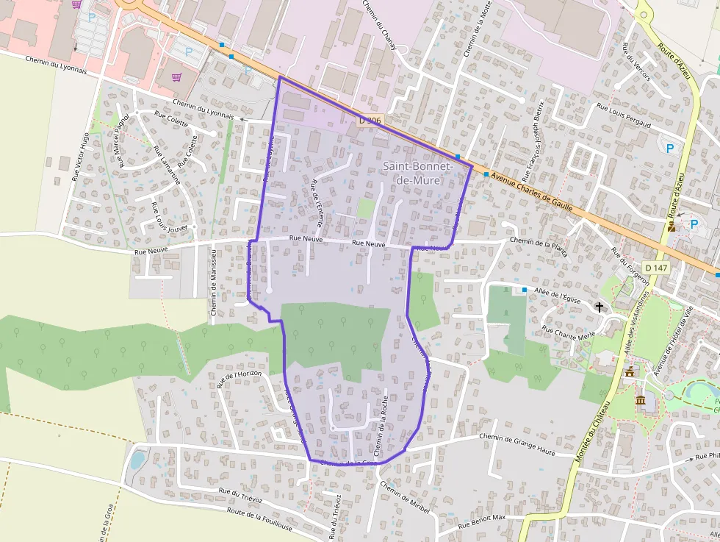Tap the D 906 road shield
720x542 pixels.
point(371,119)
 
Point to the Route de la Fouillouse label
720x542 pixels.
point(260,518)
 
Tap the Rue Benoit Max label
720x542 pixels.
point(483,522)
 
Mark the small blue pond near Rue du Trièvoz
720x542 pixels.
point(137,460)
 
